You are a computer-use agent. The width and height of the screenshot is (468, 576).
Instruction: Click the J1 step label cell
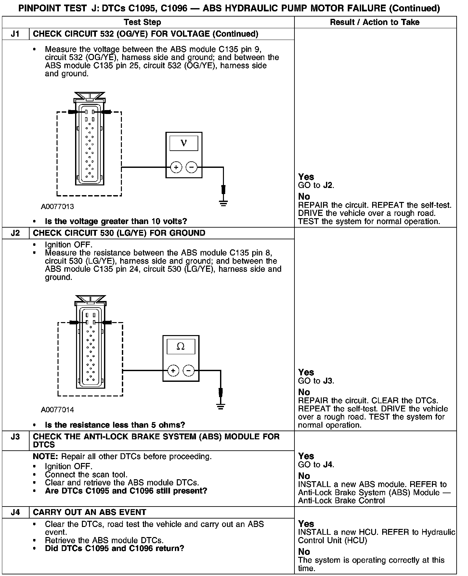click(x=15, y=34)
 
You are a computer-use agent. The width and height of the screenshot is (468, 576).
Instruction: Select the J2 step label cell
click(x=15, y=233)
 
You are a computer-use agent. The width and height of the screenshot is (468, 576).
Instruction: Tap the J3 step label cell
click(x=15, y=437)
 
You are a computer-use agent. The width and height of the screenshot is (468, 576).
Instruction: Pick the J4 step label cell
click(x=15, y=512)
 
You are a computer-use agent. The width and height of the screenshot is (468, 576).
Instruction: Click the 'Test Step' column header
click(x=142, y=22)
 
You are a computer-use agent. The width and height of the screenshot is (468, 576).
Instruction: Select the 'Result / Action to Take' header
click(x=375, y=22)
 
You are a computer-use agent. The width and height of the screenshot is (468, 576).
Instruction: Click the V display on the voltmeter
click(x=184, y=143)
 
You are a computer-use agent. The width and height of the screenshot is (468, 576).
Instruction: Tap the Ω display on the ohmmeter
click(x=181, y=346)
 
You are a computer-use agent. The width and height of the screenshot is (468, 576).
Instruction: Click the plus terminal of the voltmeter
click(x=176, y=168)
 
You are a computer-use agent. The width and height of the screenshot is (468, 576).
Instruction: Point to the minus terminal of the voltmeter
click(x=191, y=168)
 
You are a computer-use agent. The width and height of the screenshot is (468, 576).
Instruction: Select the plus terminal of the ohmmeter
click(x=173, y=370)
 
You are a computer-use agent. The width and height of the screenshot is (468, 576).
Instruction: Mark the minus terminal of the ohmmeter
click(x=188, y=370)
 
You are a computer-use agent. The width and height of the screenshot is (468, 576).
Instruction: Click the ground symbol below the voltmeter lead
click(x=223, y=203)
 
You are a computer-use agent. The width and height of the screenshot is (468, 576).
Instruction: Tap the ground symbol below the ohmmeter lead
click(x=221, y=406)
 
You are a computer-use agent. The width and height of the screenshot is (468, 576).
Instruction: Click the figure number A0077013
click(x=58, y=207)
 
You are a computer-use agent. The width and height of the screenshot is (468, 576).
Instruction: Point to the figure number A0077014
click(x=58, y=410)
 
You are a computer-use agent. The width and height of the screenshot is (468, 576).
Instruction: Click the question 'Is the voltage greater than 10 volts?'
click(x=116, y=221)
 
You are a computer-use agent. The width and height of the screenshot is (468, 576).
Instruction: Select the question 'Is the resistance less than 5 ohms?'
click(x=115, y=425)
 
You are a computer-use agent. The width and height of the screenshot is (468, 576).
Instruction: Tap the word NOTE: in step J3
click(x=46, y=457)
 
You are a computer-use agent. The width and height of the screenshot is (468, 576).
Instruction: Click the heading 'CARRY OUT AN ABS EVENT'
click(x=90, y=512)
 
